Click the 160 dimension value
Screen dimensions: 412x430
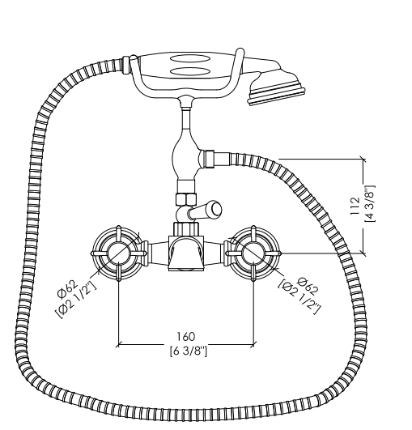[186, 337]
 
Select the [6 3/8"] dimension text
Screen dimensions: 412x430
[188, 351]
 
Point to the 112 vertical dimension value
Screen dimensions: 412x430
[355, 206]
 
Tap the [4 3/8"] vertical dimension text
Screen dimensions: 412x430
[370, 203]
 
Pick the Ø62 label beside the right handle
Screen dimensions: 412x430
[308, 286]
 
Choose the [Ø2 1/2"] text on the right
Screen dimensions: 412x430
[299, 297]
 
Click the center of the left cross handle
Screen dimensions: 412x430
[118, 253]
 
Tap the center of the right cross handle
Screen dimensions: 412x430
[253, 253]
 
